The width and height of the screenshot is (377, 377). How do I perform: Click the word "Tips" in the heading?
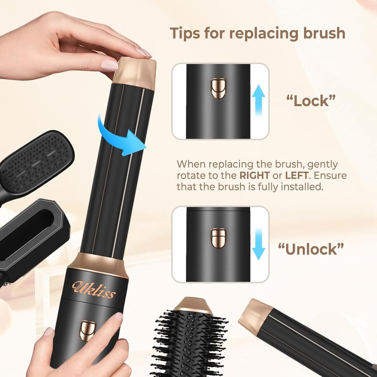coord(185,33)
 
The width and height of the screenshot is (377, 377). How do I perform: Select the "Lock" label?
coord(311,101)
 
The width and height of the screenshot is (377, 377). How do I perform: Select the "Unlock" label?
coord(311,249)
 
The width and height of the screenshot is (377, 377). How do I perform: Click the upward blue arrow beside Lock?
coord(258,101)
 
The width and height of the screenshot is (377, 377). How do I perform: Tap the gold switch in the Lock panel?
coord(218,89)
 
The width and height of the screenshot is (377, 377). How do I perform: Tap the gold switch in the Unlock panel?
coord(218,238)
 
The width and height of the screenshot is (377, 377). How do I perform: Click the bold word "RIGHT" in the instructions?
coord(254,175)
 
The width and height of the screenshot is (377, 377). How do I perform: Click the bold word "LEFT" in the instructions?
coord(296,175)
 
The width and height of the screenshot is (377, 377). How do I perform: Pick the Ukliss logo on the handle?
coord(94,289)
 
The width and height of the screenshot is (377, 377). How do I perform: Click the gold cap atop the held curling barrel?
coord(134,74)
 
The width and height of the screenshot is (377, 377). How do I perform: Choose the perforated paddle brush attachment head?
coord(36,163)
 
